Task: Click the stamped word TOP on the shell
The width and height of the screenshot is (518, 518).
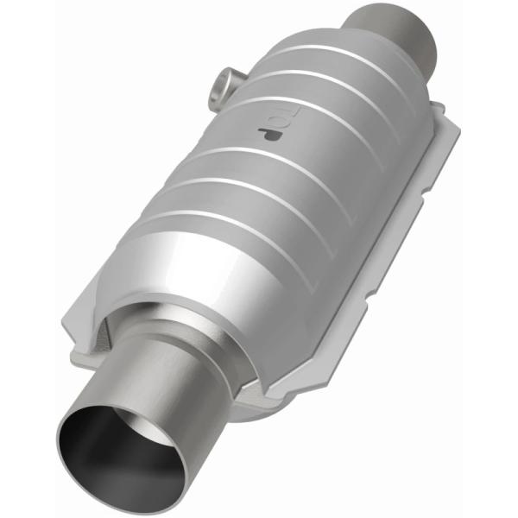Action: tap(266, 118)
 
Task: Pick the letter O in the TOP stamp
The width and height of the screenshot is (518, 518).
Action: tap(267, 118)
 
